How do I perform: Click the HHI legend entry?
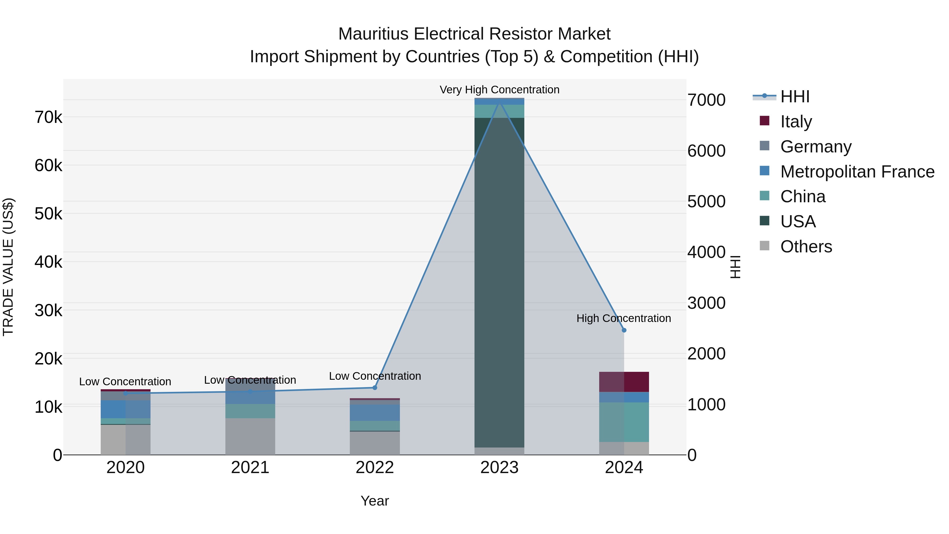click(x=795, y=97)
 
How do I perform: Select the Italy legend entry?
click(x=796, y=122)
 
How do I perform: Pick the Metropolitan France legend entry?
click(x=857, y=172)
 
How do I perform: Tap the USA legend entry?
click(x=798, y=222)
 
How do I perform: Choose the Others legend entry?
click(x=806, y=247)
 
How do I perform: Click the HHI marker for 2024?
click(x=624, y=330)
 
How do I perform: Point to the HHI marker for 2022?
click(x=375, y=388)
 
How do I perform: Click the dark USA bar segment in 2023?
click(x=499, y=280)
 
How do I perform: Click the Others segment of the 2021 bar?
click(x=250, y=436)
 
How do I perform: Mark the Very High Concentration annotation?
click(x=499, y=90)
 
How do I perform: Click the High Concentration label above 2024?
click(x=623, y=318)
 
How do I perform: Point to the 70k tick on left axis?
click(x=48, y=118)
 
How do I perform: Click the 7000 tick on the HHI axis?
click(x=706, y=100)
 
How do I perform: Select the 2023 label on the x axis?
click(x=499, y=468)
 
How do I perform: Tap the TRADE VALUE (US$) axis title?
click(x=8, y=267)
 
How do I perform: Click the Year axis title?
click(x=375, y=501)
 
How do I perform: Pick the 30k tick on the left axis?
click(x=48, y=311)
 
